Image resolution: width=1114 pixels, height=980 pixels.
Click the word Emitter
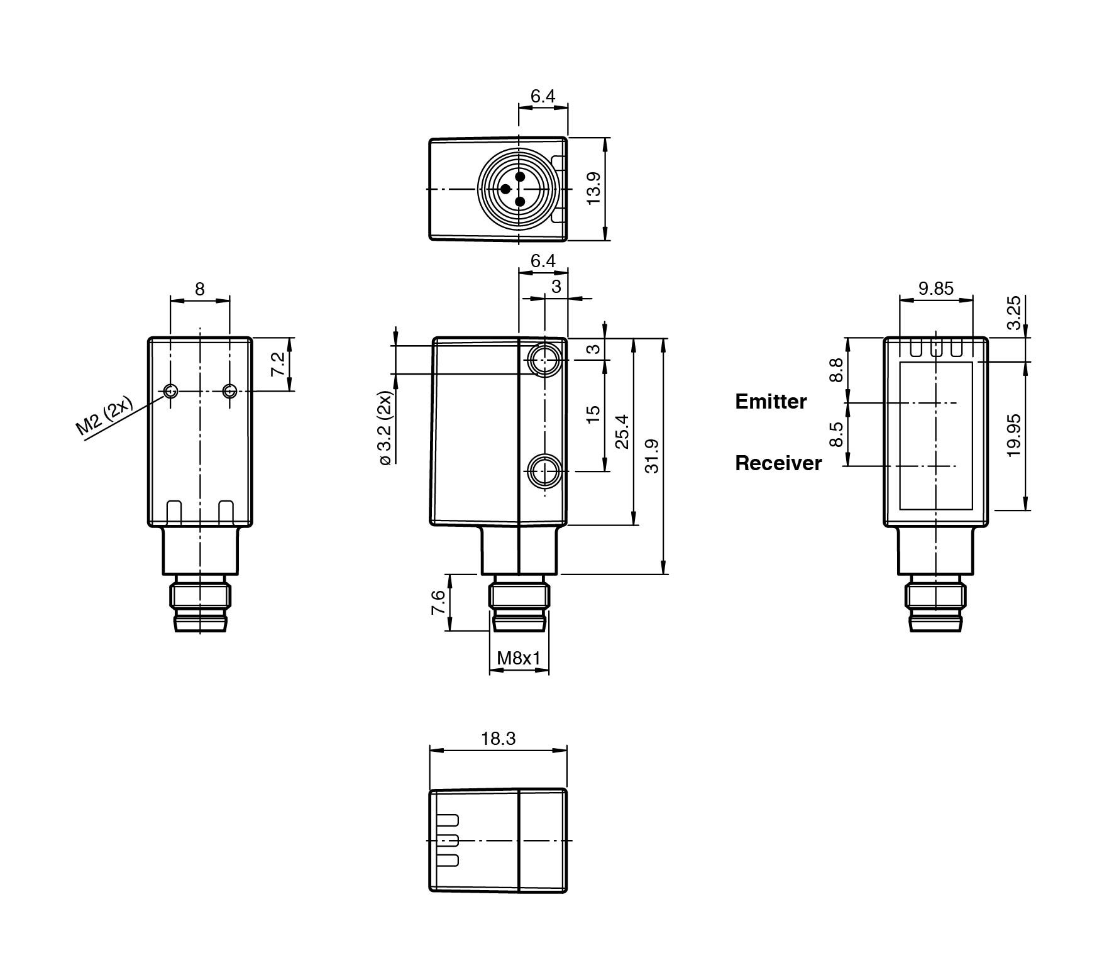tap(770, 402)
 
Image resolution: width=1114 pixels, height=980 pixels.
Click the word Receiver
tap(778, 463)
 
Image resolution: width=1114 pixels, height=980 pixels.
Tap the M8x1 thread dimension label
tap(519, 658)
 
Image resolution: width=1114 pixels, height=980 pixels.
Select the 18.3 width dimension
tap(499, 739)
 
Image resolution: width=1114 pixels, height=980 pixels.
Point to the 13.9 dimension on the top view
tap(593, 188)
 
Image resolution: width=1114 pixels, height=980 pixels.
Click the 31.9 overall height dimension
tap(652, 456)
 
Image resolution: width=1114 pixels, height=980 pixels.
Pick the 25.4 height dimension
tap(622, 431)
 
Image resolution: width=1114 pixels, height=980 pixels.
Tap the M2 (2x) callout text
tap(104, 416)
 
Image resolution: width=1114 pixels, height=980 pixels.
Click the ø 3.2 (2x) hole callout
tap(385, 427)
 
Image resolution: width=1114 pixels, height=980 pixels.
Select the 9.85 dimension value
tap(936, 289)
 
